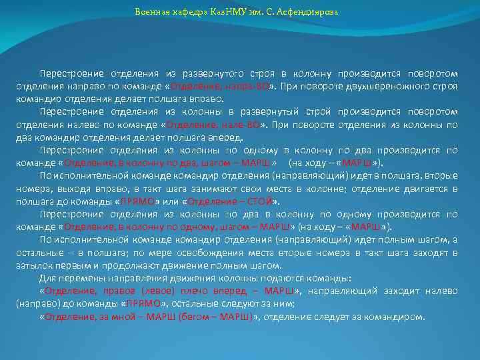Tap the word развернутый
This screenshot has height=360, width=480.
[277, 111]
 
